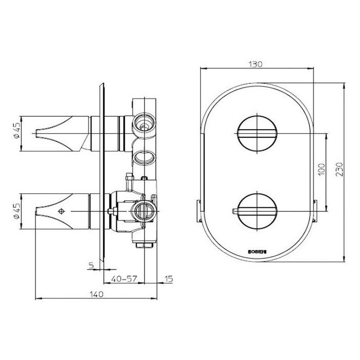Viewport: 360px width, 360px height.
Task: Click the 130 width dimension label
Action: (256, 64)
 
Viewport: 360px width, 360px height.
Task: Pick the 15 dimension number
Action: (168, 279)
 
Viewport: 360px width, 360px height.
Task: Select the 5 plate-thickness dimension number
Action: (91, 266)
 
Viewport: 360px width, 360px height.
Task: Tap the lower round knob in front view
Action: (256, 211)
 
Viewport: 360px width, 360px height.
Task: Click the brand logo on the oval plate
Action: (256, 252)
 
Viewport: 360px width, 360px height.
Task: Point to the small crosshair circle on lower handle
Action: (62, 211)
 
